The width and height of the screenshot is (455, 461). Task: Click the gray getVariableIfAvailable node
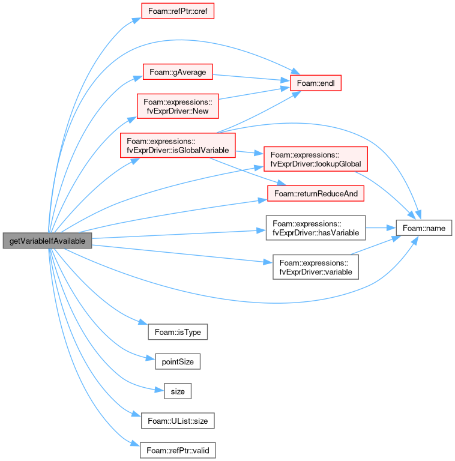(x=47, y=241)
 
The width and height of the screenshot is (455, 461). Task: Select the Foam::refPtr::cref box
(x=178, y=11)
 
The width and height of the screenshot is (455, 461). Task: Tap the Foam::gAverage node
(x=178, y=72)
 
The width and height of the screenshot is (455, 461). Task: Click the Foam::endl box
(x=316, y=83)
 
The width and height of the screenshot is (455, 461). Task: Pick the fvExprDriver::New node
(x=178, y=106)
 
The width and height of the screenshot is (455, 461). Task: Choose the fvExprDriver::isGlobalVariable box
(x=178, y=145)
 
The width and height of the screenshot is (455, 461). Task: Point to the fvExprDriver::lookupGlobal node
(x=316, y=159)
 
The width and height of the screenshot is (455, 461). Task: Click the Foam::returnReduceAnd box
(x=316, y=193)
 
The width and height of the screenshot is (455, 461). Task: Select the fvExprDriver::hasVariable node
(x=316, y=228)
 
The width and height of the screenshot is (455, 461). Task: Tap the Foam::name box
(x=424, y=228)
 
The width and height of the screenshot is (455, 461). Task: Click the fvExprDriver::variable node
(x=316, y=267)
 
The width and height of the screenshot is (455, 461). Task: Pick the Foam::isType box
(x=178, y=332)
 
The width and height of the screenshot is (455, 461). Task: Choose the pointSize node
(x=178, y=361)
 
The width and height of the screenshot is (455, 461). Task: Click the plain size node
(x=178, y=391)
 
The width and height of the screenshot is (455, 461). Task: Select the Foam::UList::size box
(x=178, y=421)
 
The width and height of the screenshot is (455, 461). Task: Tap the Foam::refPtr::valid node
(x=178, y=450)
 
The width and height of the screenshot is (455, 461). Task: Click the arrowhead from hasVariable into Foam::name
(x=391, y=228)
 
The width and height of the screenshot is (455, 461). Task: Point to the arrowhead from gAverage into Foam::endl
(x=285, y=80)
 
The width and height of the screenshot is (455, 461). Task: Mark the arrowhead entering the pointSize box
(x=151, y=358)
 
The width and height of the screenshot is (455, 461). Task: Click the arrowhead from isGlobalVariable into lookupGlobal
(x=259, y=153)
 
